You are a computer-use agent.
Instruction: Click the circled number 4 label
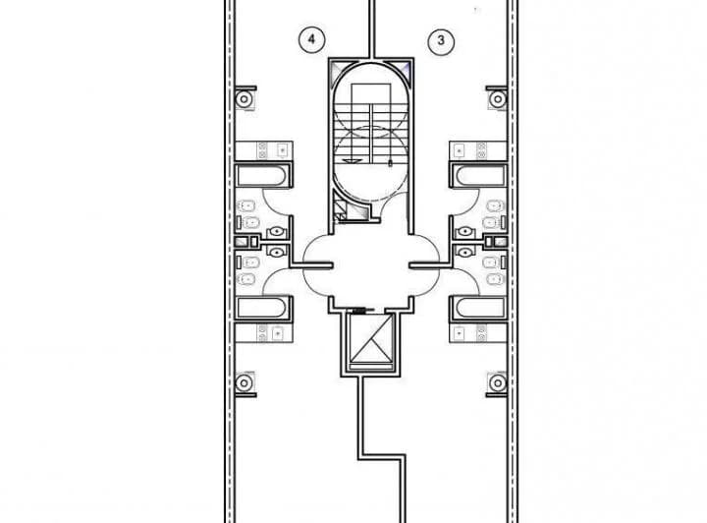click(311, 39)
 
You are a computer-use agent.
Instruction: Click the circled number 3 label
click(441, 40)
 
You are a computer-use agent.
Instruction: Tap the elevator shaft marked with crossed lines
click(371, 338)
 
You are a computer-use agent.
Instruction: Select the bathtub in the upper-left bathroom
click(261, 176)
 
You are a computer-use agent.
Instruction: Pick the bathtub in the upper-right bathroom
click(480, 176)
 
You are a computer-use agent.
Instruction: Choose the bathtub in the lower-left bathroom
click(261, 308)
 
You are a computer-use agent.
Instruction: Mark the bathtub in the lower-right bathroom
click(480, 308)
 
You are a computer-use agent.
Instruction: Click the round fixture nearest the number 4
click(244, 99)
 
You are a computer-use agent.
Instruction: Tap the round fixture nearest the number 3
click(498, 99)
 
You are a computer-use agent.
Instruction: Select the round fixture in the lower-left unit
click(244, 383)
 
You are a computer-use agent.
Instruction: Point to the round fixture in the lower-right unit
click(498, 383)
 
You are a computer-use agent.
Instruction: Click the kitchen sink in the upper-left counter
click(282, 149)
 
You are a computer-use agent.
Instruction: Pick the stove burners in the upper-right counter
click(482, 150)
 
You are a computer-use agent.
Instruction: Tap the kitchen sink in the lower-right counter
click(460, 333)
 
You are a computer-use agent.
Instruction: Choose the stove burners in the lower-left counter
click(262, 333)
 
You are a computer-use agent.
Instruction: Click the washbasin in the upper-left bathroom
click(276, 232)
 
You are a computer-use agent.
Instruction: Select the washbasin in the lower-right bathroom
click(464, 252)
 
